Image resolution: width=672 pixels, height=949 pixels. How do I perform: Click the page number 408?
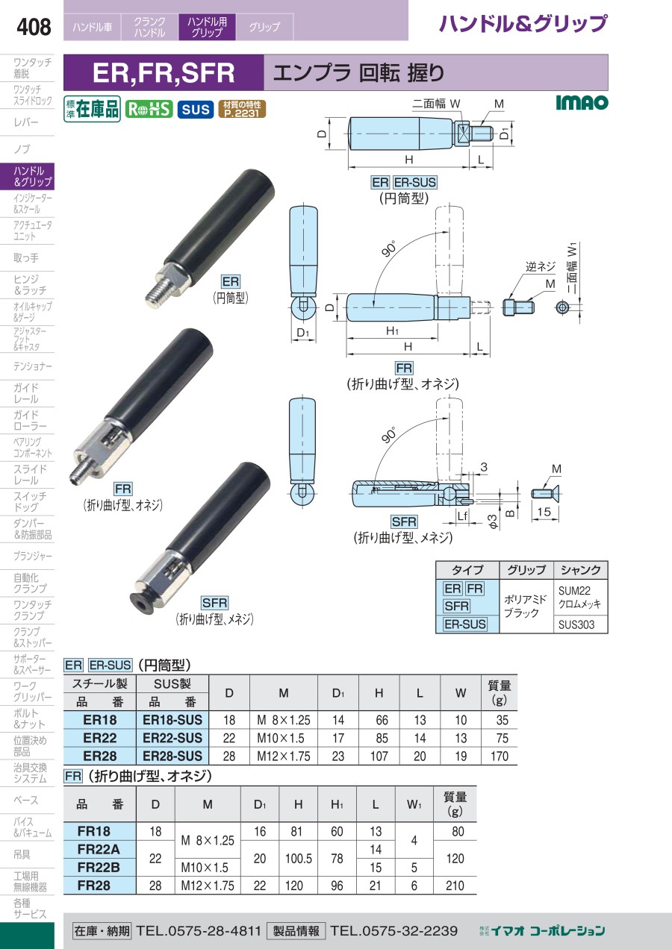(x=34, y=27)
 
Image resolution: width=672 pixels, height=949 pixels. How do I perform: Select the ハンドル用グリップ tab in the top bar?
(x=207, y=27)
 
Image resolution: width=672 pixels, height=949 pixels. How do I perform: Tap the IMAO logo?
(x=582, y=102)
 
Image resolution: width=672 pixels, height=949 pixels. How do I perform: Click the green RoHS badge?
(x=149, y=110)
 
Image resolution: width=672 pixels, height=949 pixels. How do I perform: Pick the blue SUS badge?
(x=196, y=110)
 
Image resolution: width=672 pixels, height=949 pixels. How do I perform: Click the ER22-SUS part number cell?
(x=172, y=738)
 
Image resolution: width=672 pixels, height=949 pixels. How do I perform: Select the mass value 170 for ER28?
(x=499, y=756)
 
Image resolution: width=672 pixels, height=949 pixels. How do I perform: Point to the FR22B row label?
(x=99, y=867)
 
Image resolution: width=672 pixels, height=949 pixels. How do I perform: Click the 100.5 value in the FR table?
(x=299, y=858)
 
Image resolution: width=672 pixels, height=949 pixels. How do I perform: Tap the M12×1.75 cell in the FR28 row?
(x=208, y=886)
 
